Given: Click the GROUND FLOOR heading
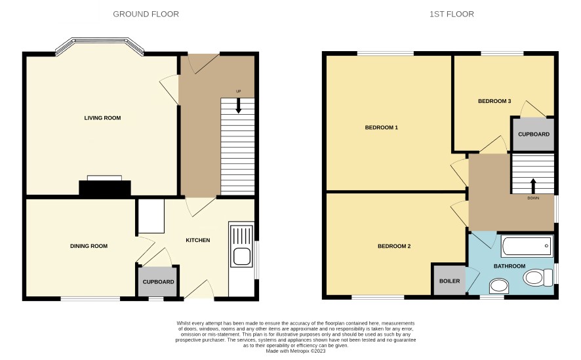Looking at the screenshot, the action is (146, 14).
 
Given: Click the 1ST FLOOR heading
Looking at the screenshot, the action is (451, 14).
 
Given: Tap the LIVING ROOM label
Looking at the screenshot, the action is (102, 118).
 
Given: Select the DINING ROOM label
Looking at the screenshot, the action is (89, 246).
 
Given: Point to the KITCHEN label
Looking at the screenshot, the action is (198, 240).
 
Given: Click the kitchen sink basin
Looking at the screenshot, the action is (241, 256).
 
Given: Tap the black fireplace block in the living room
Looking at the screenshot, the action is (105, 188).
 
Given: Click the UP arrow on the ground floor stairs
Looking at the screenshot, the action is (238, 105).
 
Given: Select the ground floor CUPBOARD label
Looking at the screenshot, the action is (158, 282).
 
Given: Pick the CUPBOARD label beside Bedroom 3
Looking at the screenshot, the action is (534, 134).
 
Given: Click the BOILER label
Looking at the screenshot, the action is (449, 281).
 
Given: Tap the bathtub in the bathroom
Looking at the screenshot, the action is (527, 246).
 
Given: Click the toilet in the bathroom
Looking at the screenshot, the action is (538, 277).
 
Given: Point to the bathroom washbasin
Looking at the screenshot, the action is (499, 286).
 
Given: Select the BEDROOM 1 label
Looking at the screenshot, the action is (381, 127).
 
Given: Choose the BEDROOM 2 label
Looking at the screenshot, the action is (394, 246).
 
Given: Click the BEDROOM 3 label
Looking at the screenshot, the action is (494, 101).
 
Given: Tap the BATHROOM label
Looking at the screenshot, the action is (509, 266).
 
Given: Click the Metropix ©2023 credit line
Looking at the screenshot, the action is (296, 351).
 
